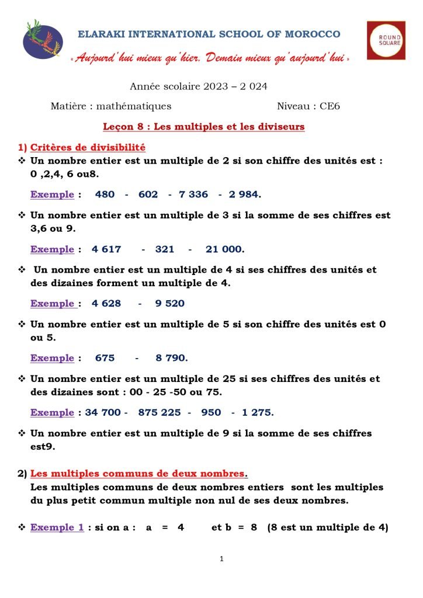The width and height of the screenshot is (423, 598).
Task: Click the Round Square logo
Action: click(x=386, y=40)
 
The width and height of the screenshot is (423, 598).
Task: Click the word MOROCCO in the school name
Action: click(x=312, y=34)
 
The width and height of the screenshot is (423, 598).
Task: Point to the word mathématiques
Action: click(x=134, y=106)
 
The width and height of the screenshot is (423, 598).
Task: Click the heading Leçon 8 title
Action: click(x=203, y=127)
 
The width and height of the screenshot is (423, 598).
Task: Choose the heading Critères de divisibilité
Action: click(x=88, y=148)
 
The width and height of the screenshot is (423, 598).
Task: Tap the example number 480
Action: click(x=105, y=194)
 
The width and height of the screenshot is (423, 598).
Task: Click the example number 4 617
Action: click(x=106, y=249)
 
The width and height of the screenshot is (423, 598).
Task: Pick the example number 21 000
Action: click(x=225, y=249)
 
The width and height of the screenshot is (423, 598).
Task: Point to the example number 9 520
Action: click(x=169, y=304)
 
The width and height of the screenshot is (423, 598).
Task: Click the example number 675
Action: click(x=105, y=358)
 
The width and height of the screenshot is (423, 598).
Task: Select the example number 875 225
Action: click(x=160, y=413)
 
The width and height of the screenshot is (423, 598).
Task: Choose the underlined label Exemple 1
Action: click(x=57, y=527)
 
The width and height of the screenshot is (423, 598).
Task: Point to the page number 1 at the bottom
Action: click(x=221, y=559)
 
